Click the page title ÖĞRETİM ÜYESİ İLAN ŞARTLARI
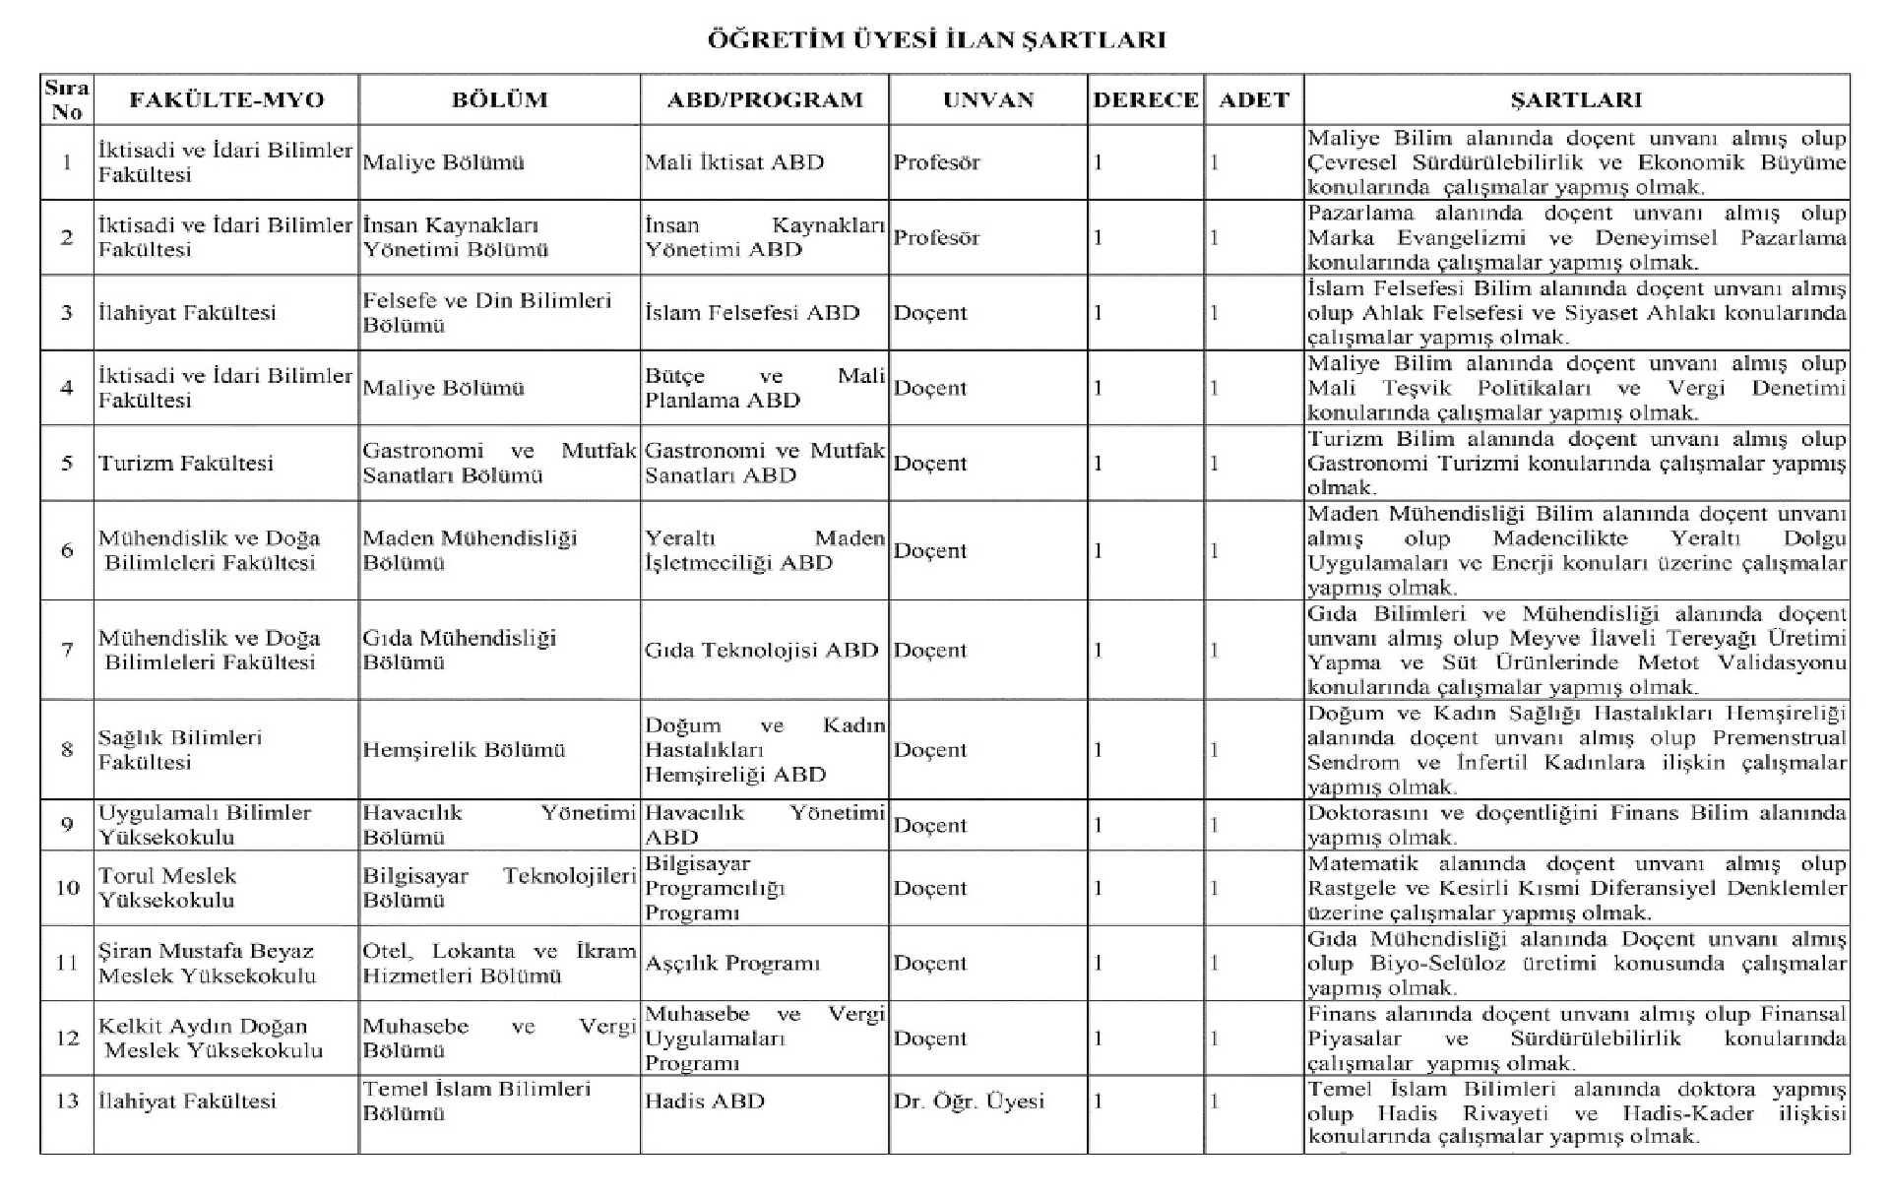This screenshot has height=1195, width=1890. pyautogui.click(x=936, y=40)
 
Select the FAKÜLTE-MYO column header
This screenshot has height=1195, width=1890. pyautogui.click(x=226, y=100)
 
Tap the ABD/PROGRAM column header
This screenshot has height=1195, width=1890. pyautogui.click(x=764, y=100)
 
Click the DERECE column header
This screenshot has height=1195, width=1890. pyautogui.click(x=1146, y=100)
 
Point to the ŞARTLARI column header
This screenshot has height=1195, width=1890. pyautogui.click(x=1576, y=100)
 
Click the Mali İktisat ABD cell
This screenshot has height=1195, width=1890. pyautogui.click(x=734, y=162)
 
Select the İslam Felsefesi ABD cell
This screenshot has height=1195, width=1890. pyautogui.click(x=752, y=313)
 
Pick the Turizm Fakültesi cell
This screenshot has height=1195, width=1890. pyautogui.click(x=185, y=464)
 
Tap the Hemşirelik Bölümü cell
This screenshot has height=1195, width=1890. pyautogui.click(x=464, y=750)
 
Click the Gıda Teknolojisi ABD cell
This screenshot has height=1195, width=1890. pyautogui.click(x=761, y=651)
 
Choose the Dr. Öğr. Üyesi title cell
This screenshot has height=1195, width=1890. pyautogui.click(x=969, y=1101)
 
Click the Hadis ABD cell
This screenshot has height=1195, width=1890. pyautogui.click(x=705, y=1101)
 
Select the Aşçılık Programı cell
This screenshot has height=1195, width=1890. pyautogui.click(x=732, y=964)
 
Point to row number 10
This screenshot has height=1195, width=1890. pyautogui.click(x=67, y=888)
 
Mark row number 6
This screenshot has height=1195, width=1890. pyautogui.click(x=67, y=551)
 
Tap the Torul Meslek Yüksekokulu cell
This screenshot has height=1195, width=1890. pyautogui.click(x=166, y=888)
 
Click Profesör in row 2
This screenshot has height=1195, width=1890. pyautogui.click(x=936, y=238)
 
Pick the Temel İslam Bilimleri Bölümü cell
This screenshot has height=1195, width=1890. pyautogui.click(x=476, y=1101)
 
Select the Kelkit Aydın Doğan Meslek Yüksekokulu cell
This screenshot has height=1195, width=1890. pyautogui.click(x=210, y=1038)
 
